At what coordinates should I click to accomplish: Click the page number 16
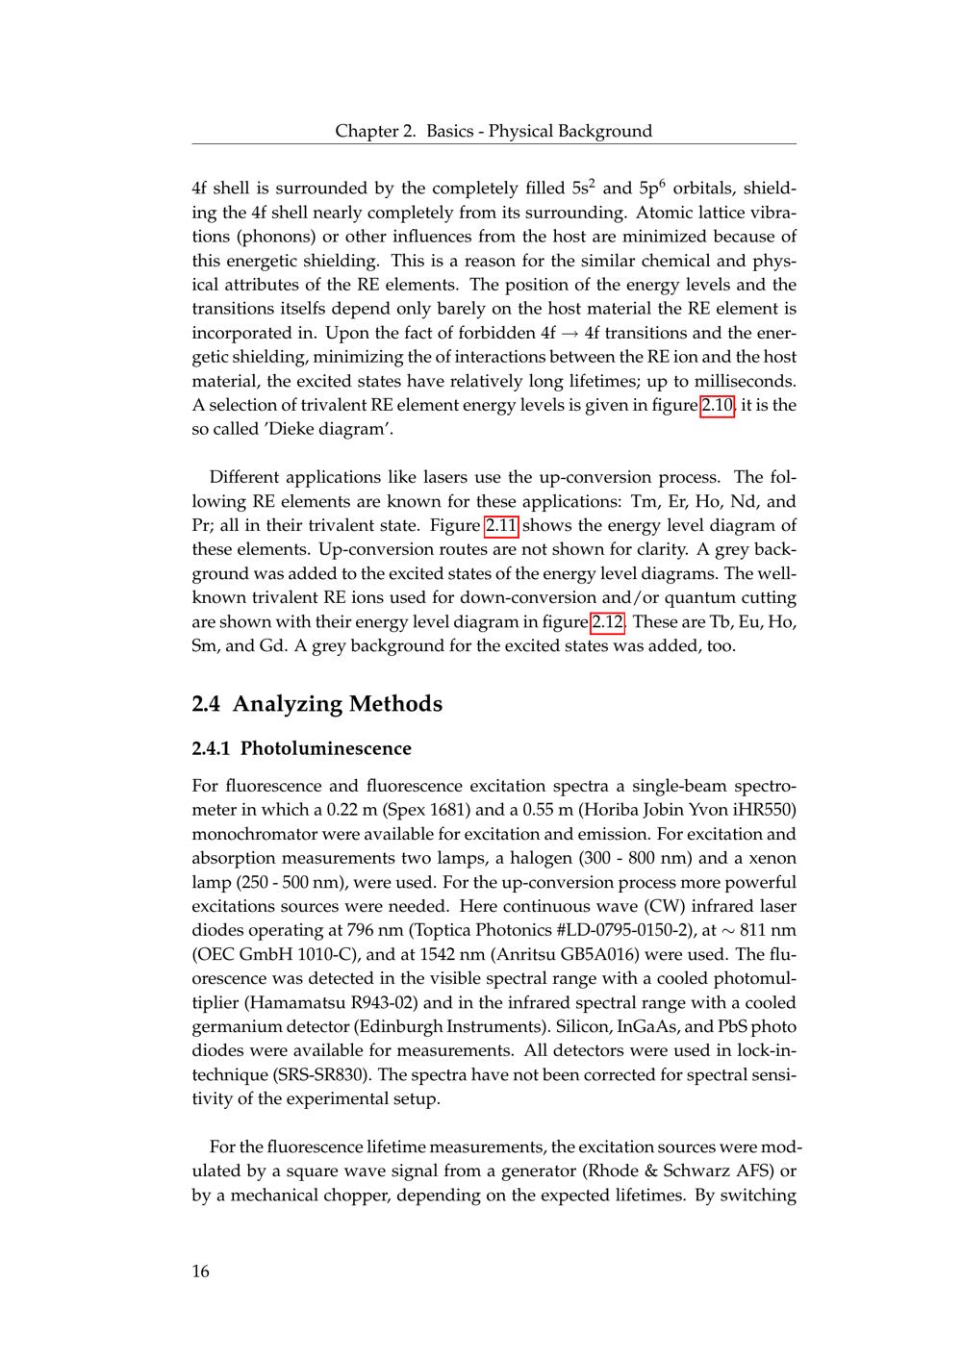(200, 1272)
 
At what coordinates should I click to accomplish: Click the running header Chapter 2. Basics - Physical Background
(494, 131)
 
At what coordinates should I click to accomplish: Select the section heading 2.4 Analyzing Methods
(317, 704)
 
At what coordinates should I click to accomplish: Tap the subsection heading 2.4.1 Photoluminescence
(302, 748)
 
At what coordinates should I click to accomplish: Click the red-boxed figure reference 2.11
(501, 525)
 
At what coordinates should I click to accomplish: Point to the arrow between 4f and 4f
(570, 334)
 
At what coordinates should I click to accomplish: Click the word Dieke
(277, 429)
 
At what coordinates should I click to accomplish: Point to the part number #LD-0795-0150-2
(609, 930)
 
